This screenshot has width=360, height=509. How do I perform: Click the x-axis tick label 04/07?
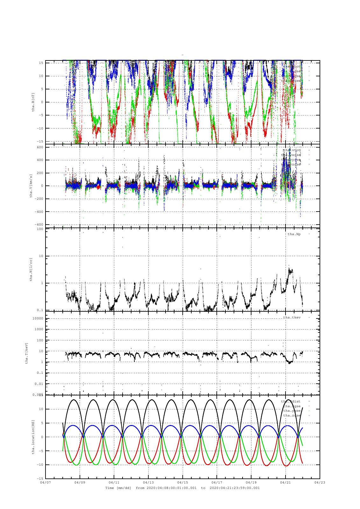click(x=45, y=482)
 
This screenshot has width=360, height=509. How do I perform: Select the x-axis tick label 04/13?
click(x=148, y=482)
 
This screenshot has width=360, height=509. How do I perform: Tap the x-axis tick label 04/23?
click(x=320, y=482)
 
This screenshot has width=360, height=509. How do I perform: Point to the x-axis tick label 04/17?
click(x=217, y=482)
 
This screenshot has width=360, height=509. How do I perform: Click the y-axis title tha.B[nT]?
click(x=33, y=101)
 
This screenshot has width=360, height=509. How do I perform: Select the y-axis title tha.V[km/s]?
click(x=31, y=186)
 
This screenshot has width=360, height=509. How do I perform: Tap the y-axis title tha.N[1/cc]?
click(x=31, y=269)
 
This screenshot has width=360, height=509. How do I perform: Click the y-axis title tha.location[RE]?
click(x=33, y=436)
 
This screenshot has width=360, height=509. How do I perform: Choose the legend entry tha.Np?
click(x=294, y=234)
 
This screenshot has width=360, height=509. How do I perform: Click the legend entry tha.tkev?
click(x=292, y=317)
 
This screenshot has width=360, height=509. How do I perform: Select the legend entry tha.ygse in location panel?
click(x=292, y=411)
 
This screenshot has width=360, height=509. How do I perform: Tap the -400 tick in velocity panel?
click(x=39, y=212)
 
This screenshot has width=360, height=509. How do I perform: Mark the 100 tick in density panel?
click(x=40, y=229)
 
